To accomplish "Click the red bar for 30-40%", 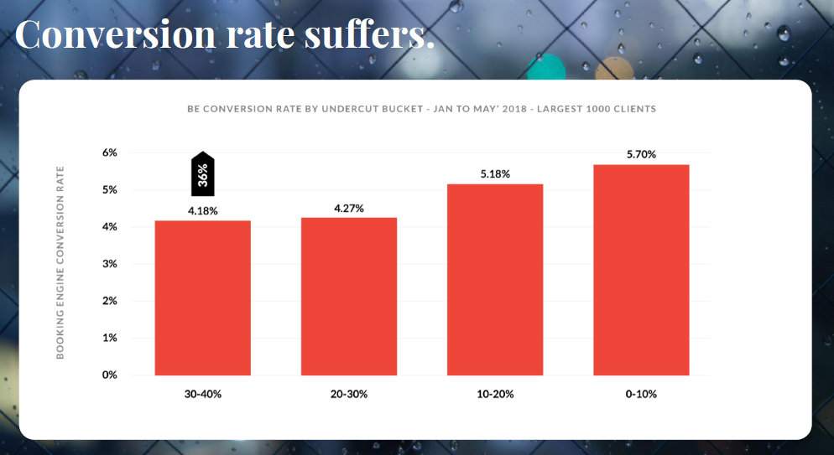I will tap(203, 297).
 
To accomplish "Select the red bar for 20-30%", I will tap(349, 296).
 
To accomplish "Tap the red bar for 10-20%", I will tap(495, 279).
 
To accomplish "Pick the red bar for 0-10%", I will tap(641, 270).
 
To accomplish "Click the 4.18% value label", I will tap(203, 211).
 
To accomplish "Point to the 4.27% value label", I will tap(349, 208).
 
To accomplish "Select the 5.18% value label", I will tap(495, 173).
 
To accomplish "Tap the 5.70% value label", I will tap(641, 155).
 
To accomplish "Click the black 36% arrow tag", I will tap(203, 174).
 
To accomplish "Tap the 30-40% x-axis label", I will tap(203, 394).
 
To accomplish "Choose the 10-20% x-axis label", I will tap(495, 394).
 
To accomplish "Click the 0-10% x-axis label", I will tap(641, 394).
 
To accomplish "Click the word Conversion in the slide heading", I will tap(102, 34).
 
